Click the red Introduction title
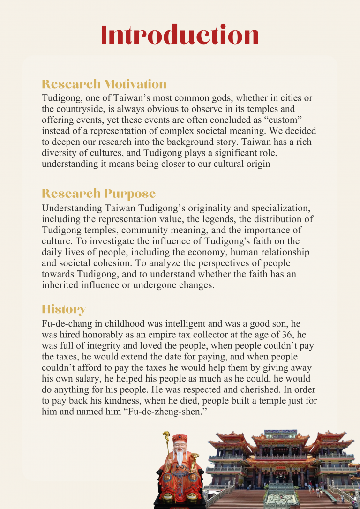(x=180, y=36)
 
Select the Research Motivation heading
(x=104, y=84)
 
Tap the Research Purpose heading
(x=98, y=194)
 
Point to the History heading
(x=63, y=309)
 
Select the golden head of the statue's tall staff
(x=166, y=437)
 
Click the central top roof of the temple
(x=280, y=433)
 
